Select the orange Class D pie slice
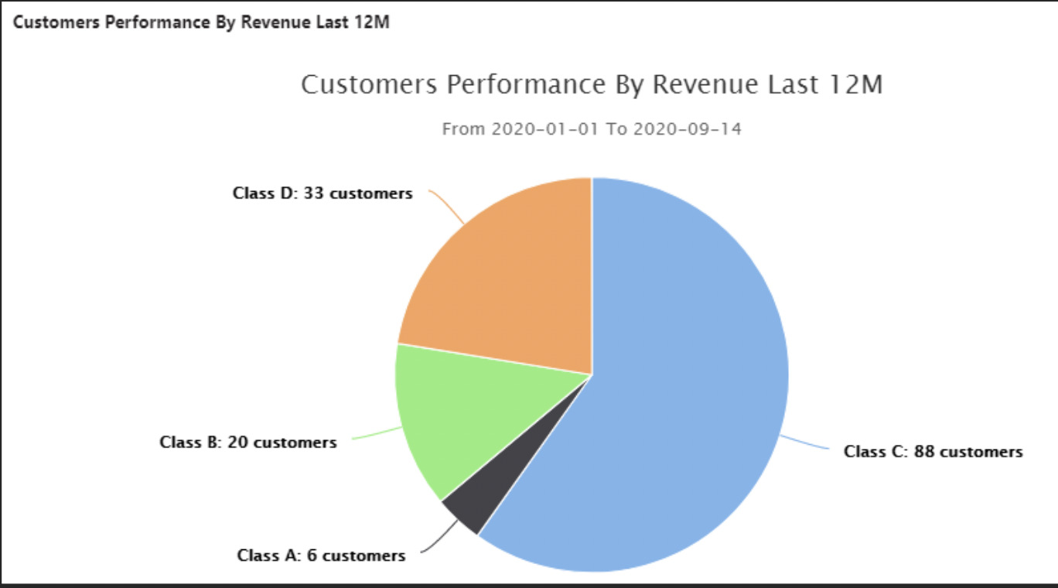510,279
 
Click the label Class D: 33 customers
323,193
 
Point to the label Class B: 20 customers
248,443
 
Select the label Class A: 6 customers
321,556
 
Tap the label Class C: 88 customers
933,452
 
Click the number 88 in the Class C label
924,452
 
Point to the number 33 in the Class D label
313,193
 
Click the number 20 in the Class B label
238,443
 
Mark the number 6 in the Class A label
312,556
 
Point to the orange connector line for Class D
449,205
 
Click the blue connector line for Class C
804,443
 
